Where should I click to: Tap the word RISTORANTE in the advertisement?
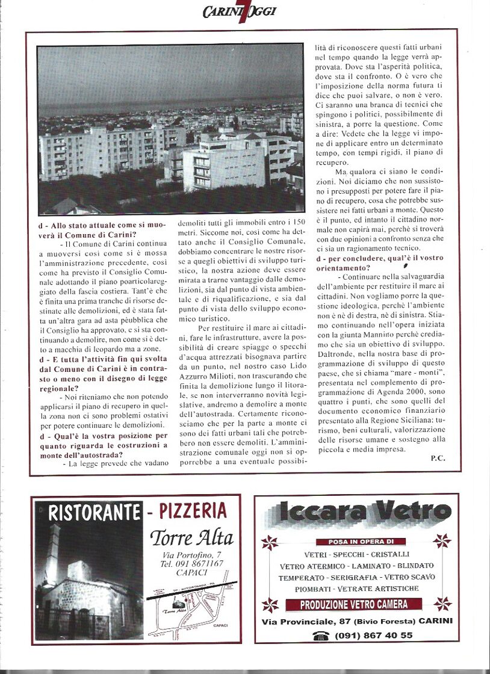tap(94, 513)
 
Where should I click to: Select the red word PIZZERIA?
tap(193, 512)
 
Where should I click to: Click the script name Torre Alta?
tap(191, 537)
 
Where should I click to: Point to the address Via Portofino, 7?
tap(191, 554)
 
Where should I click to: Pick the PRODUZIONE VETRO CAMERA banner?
tap(355, 604)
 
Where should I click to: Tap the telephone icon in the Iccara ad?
tap(321, 635)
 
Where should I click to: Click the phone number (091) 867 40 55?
tap(374, 635)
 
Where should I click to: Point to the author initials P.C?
tap(438, 459)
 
